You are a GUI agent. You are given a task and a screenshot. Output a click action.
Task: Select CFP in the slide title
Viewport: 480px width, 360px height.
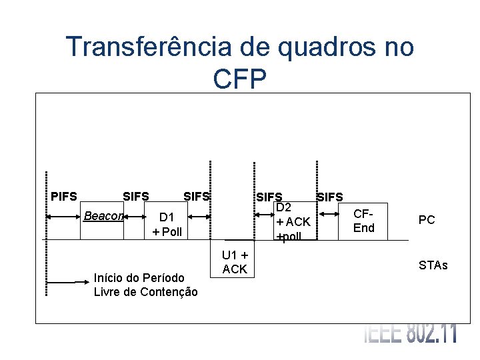[x=240, y=79]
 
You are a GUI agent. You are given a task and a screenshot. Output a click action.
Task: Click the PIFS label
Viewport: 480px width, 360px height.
[x=64, y=197]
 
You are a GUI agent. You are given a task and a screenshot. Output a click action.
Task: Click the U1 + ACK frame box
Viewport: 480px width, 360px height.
[x=235, y=261]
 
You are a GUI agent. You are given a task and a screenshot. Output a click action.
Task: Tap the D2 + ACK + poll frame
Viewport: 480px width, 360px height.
[x=293, y=222]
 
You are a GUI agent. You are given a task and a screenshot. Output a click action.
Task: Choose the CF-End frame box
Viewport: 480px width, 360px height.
[x=363, y=221]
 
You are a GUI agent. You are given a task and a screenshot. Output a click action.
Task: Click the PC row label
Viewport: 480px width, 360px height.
[x=427, y=219]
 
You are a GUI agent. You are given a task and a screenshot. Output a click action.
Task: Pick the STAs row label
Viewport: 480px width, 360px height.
[x=433, y=266]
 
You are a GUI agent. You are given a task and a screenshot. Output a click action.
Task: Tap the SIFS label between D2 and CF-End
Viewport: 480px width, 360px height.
[x=330, y=197]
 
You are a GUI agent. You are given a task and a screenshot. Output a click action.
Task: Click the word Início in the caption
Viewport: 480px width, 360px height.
[x=108, y=278]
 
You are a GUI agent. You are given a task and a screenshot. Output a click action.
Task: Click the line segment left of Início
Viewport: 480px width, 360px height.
[x=63, y=282]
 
